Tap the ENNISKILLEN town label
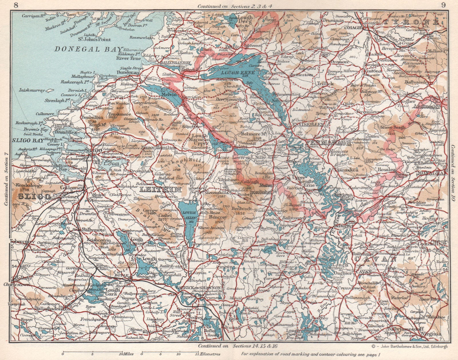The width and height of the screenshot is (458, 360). pos(307,125)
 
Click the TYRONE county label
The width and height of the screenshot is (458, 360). pos(420,22)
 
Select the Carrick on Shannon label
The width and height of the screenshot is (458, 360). pos(198,287)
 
